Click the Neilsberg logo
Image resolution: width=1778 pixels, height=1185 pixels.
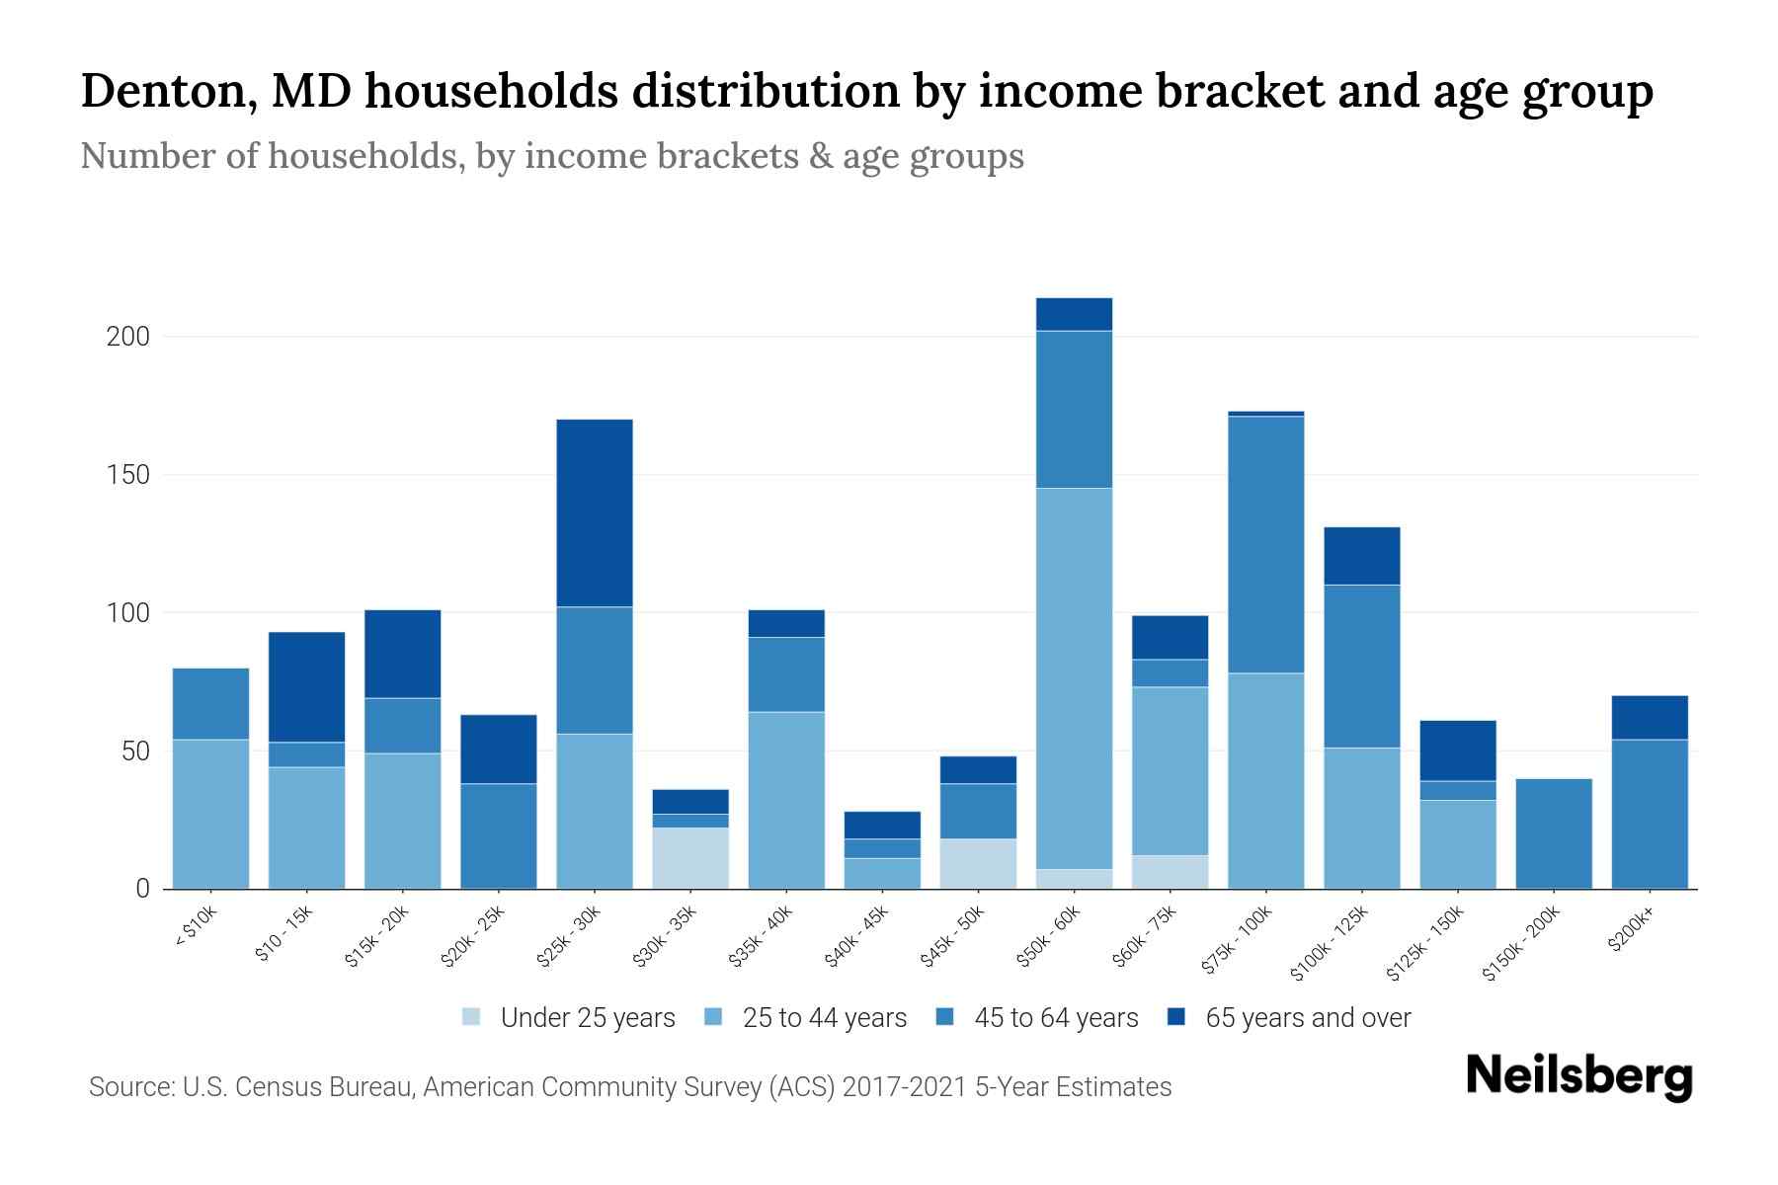click(x=1578, y=1076)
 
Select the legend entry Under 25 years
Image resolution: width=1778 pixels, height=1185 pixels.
click(x=569, y=1018)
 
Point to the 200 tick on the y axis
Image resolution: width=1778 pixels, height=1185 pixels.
click(x=127, y=337)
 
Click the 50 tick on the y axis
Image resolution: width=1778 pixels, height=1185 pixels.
click(x=134, y=751)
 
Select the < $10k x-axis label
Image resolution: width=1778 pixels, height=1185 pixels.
click(x=196, y=928)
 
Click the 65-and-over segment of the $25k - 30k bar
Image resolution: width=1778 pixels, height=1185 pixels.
click(x=595, y=513)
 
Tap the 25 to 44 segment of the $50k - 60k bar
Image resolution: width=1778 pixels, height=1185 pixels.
click(x=1074, y=677)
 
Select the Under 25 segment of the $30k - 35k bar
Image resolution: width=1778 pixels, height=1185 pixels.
click(x=690, y=857)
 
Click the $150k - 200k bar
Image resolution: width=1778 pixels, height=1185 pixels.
click(x=1554, y=833)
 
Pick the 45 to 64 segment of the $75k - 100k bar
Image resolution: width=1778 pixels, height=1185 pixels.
click(x=1265, y=544)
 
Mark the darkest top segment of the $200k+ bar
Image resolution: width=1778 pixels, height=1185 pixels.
click(x=1650, y=717)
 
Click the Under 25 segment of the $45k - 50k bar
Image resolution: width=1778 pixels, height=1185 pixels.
click(x=978, y=863)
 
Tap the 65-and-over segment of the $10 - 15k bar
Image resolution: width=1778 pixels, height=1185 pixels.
click(x=307, y=686)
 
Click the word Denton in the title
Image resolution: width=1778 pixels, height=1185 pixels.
click(x=168, y=92)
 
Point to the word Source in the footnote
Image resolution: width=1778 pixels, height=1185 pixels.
click(x=127, y=1087)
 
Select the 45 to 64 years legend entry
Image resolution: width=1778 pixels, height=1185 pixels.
click(x=1037, y=1018)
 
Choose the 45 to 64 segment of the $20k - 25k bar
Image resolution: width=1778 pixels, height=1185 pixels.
click(x=499, y=835)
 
